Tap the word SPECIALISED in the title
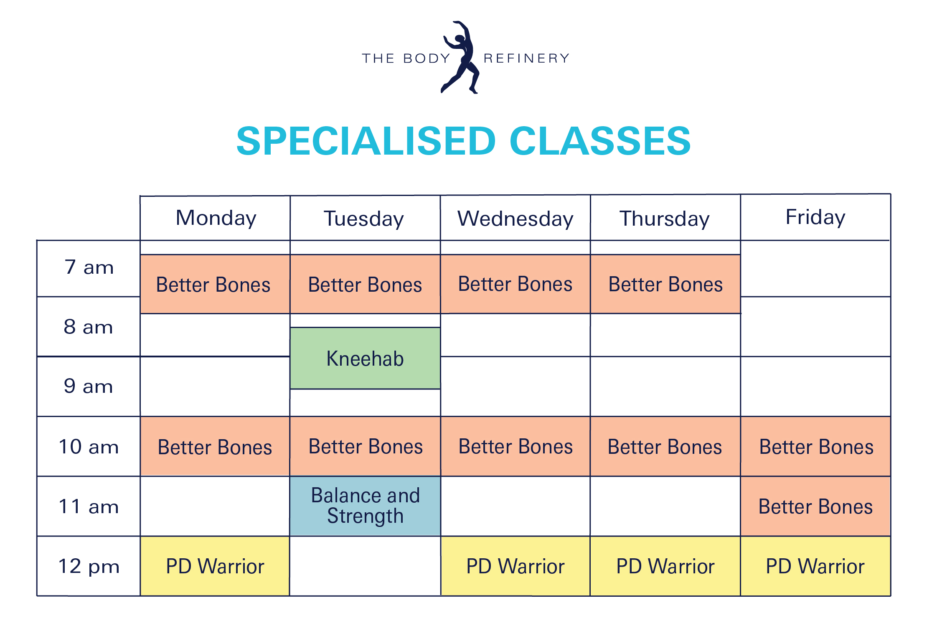[366, 141]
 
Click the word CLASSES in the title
[600, 141]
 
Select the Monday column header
[216, 218]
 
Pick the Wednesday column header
[516, 219]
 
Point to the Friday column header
[815, 217]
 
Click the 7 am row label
[89, 267]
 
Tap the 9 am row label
[88, 386]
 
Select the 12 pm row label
[89, 566]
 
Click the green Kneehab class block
[365, 358]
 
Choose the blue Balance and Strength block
[365, 506]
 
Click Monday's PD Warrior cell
[215, 566]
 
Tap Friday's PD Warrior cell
[815, 566]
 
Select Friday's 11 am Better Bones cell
[815, 506]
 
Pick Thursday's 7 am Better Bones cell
[665, 284]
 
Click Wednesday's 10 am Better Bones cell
[516, 446]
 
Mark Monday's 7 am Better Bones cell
[215, 284]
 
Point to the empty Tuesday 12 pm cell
[365, 566]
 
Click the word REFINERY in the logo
[527, 58]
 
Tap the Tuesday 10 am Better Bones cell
[365, 446]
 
